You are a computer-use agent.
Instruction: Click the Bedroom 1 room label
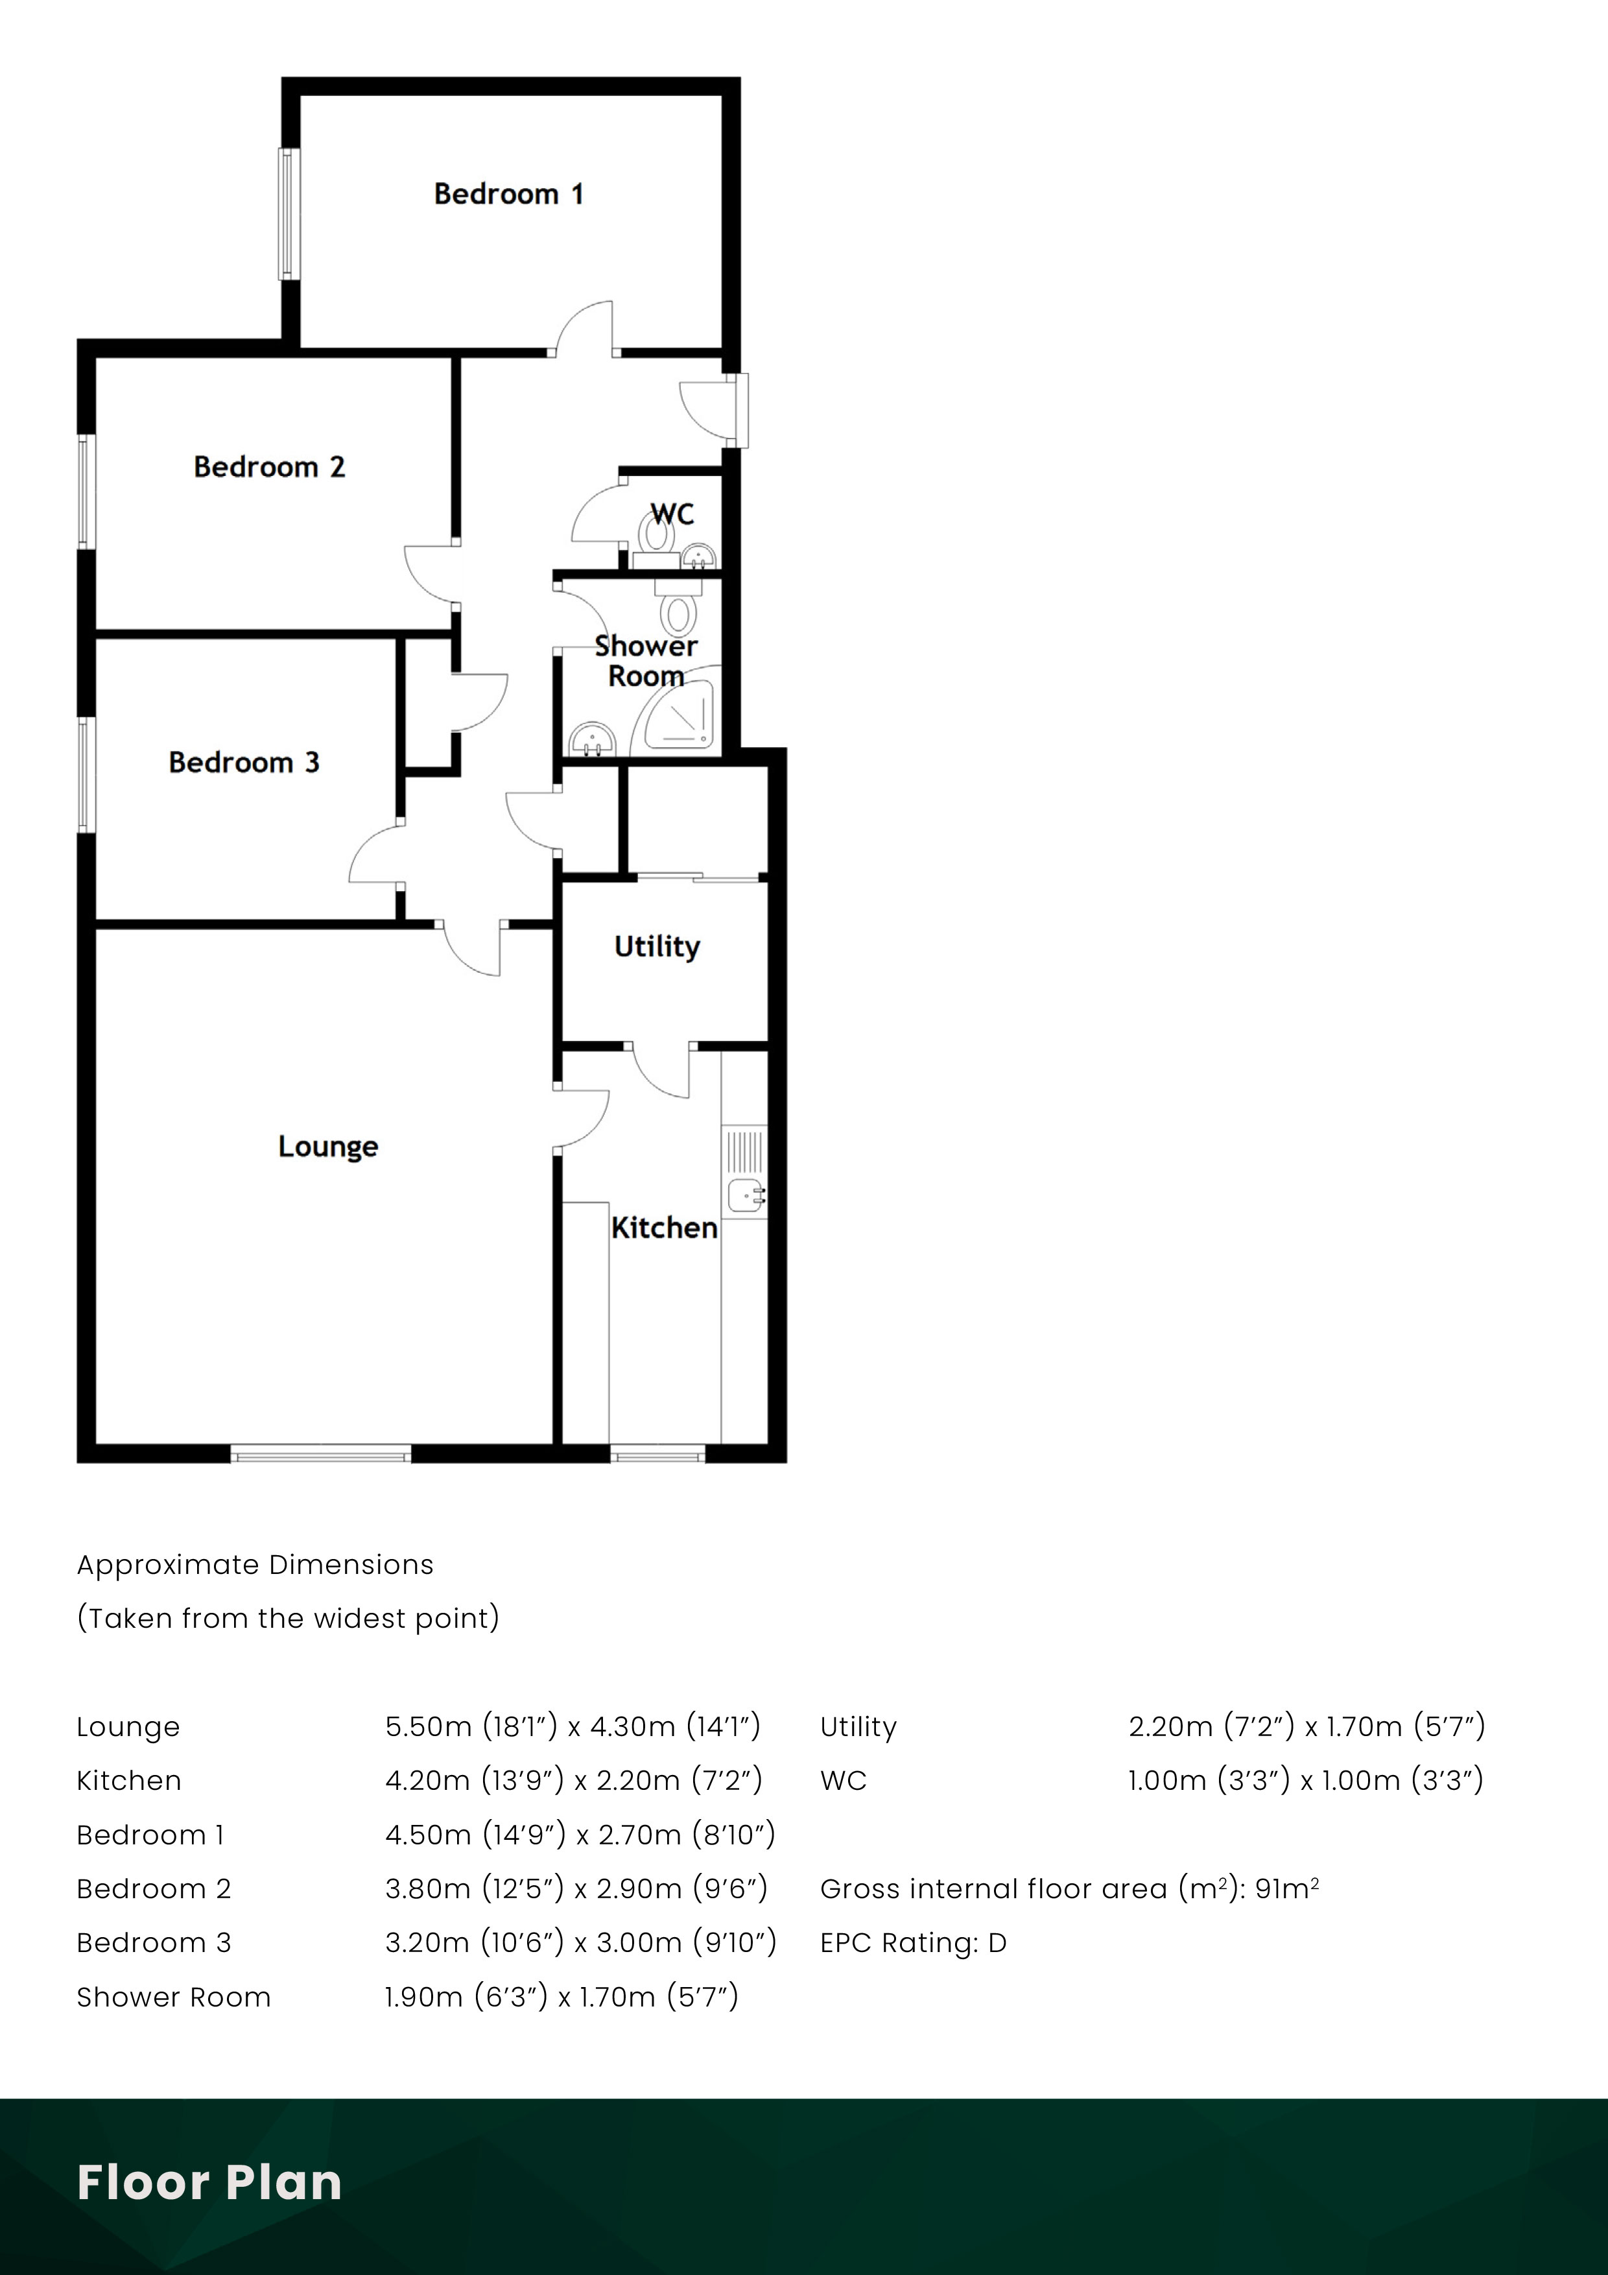[x=508, y=194]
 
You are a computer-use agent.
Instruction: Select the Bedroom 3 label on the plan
[x=244, y=762]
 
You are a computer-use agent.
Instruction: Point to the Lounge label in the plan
[x=328, y=1147]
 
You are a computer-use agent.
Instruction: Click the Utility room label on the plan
[x=657, y=946]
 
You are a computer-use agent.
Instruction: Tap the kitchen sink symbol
[x=745, y=1196]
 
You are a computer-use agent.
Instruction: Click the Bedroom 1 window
[x=289, y=213]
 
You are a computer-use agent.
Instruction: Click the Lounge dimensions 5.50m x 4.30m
[x=573, y=1727]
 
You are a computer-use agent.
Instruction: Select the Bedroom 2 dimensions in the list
[x=576, y=1888]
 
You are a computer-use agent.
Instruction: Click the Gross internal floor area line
[x=1069, y=1888]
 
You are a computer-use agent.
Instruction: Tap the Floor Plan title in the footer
[x=209, y=2183]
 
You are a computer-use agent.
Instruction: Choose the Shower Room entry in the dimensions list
[x=173, y=1997]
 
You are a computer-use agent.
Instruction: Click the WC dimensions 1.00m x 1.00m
[x=1305, y=1781]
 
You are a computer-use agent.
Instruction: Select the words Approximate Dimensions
[x=255, y=1565]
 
